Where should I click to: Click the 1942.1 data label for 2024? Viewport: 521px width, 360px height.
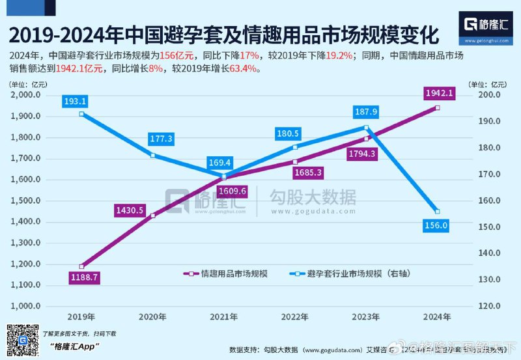(437, 94)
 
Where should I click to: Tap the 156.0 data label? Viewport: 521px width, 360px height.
(436, 226)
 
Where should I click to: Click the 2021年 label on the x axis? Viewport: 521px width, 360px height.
(224, 316)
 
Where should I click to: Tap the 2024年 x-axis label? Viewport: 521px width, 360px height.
(437, 316)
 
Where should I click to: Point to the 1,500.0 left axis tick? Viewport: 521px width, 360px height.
(26, 201)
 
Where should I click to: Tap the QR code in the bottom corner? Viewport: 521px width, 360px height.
(20, 339)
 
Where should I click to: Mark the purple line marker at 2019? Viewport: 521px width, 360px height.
(81, 266)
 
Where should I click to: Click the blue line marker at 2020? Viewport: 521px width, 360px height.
(152, 156)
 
